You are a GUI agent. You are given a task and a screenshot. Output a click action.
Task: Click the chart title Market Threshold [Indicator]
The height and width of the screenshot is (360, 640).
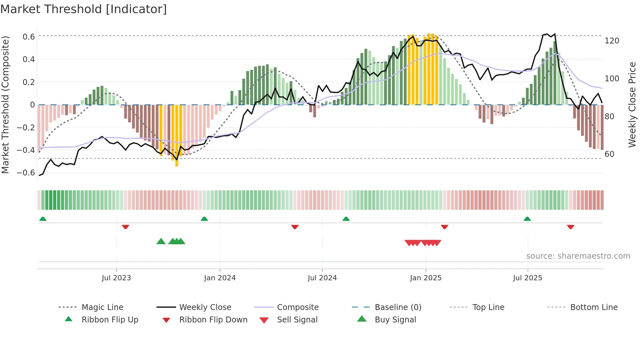(x=84, y=9)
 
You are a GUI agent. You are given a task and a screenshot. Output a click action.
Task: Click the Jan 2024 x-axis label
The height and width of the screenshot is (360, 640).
(x=220, y=278)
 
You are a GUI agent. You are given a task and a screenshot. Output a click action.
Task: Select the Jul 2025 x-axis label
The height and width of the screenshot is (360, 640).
(x=527, y=278)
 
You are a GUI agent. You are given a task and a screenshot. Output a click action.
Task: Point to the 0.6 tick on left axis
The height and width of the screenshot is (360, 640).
(x=29, y=37)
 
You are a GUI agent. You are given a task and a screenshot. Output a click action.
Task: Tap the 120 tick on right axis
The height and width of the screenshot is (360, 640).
(x=612, y=41)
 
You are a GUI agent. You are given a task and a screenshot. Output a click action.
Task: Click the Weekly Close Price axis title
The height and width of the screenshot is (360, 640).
(x=632, y=105)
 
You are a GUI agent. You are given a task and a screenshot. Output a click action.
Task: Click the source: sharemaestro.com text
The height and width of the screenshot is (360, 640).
(x=578, y=256)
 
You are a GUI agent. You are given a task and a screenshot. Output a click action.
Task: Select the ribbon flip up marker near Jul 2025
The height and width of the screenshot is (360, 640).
(x=527, y=219)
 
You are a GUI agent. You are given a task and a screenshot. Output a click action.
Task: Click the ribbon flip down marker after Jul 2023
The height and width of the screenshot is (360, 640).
(x=125, y=227)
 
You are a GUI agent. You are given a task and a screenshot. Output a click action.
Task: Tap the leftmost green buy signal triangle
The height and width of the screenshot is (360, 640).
(x=161, y=241)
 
